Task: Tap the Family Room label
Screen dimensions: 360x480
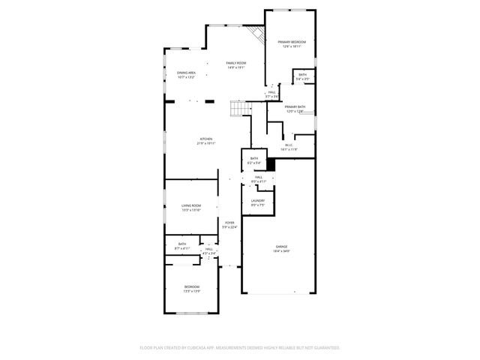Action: tap(236, 64)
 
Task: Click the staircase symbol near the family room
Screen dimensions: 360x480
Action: tap(239, 110)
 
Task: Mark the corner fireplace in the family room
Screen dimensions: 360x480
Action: tap(257, 34)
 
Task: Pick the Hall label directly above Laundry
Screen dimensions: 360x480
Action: tap(258, 178)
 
